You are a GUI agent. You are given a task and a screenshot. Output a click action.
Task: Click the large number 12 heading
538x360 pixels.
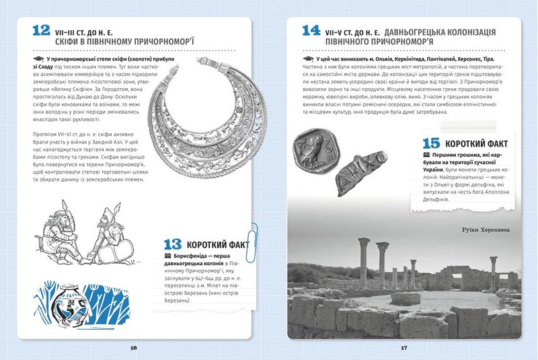[41, 31]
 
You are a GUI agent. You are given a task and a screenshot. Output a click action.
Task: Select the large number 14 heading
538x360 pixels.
[311, 31]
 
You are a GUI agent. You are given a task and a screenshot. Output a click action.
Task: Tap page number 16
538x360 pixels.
[134, 348]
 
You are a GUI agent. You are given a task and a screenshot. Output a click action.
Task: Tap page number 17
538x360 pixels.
[404, 348]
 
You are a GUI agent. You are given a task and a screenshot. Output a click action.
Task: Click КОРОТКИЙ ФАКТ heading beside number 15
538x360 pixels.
[479, 143]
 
